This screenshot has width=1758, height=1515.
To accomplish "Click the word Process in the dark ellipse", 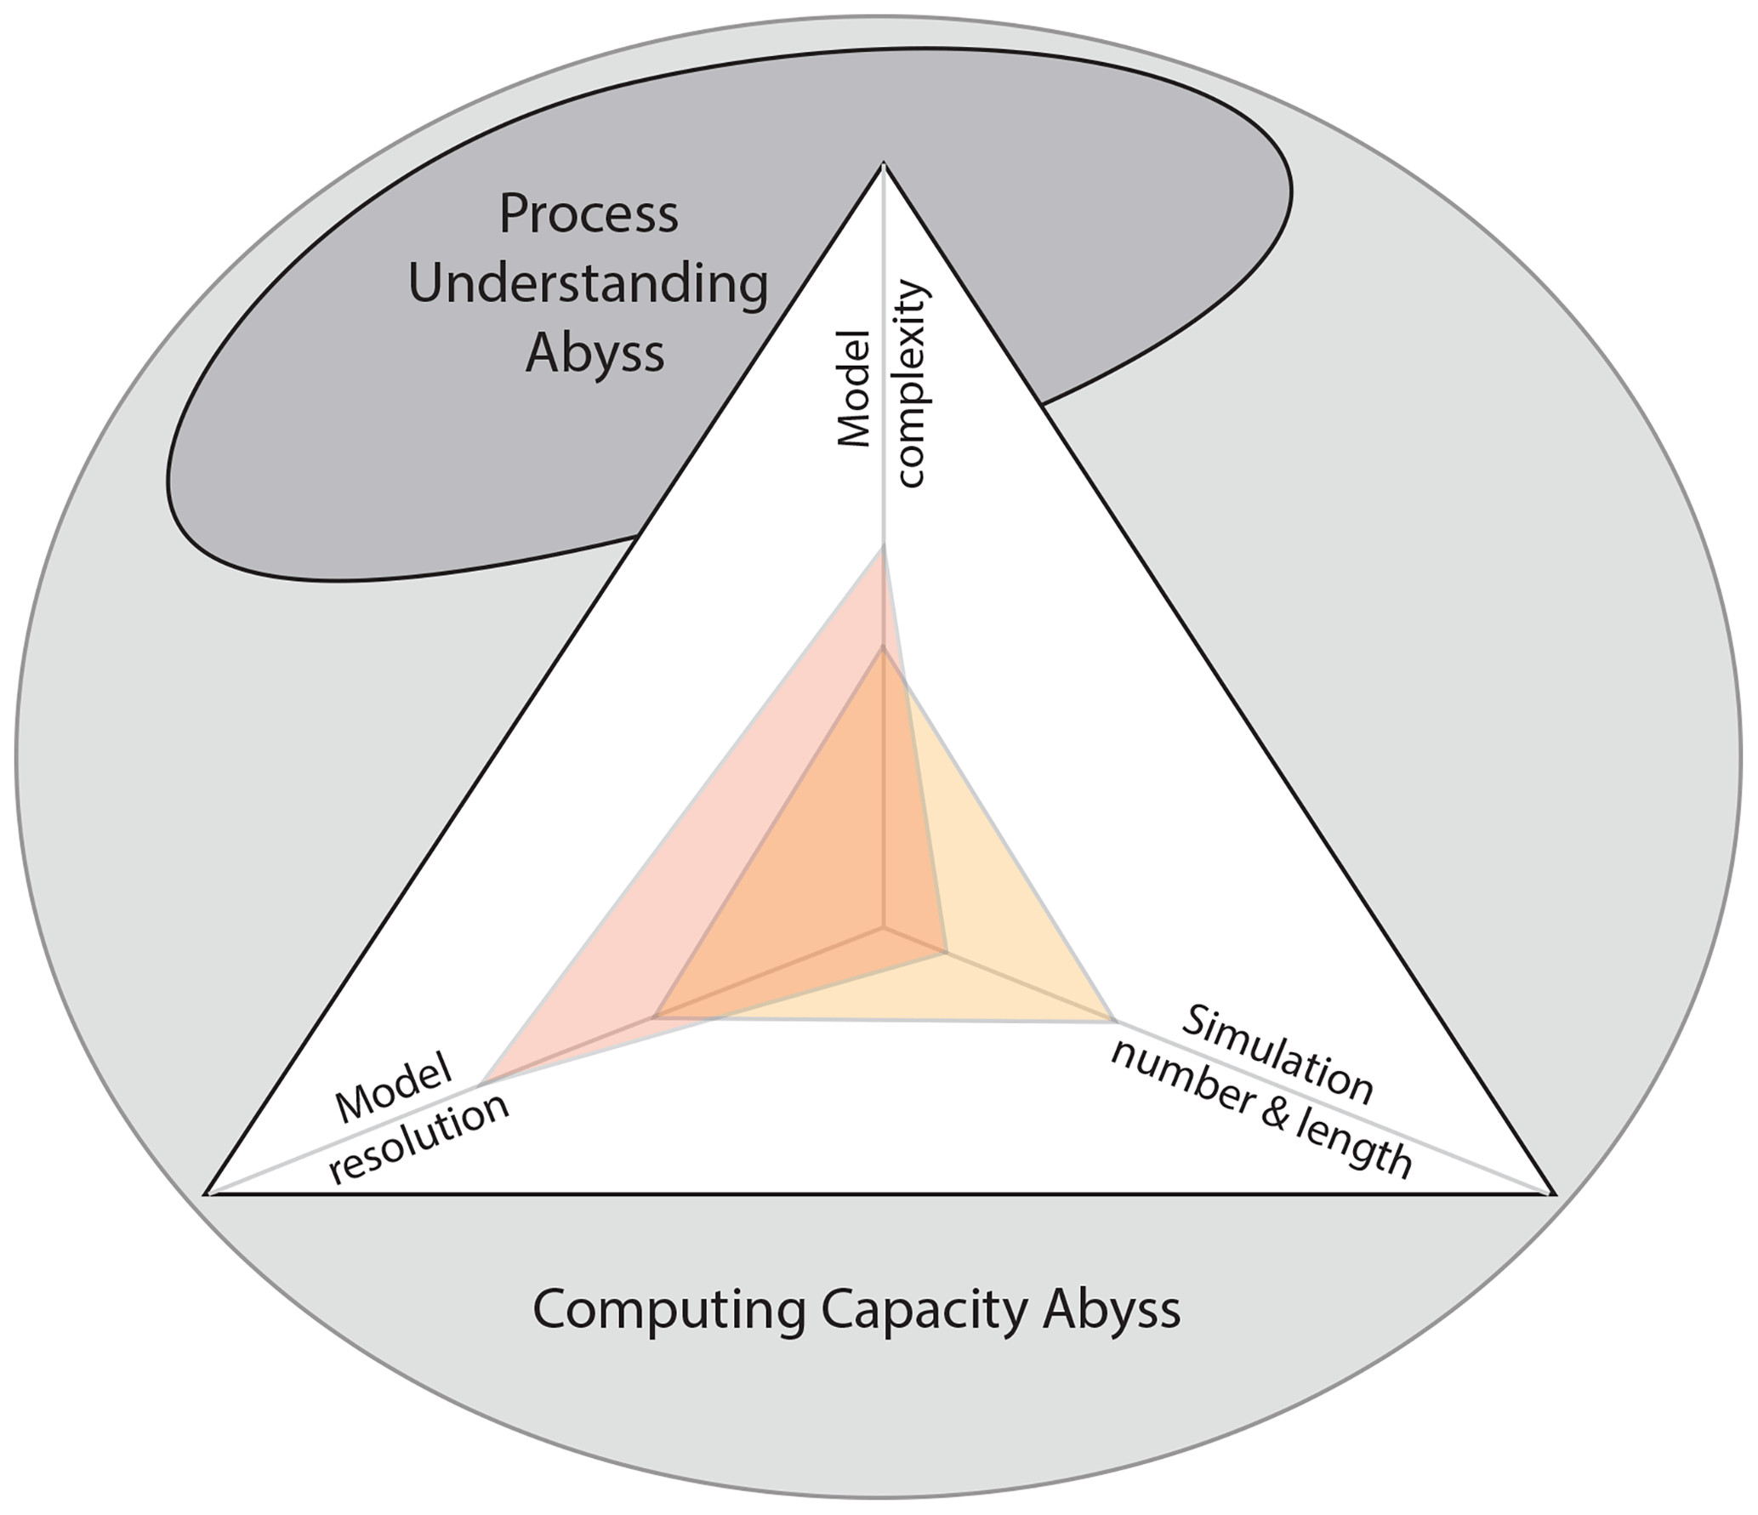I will coord(589,214).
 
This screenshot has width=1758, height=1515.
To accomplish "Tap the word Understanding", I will coord(589,284).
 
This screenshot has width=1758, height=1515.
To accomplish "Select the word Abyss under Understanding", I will coord(595,353).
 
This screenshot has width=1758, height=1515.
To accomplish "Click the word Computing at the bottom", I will coord(668,1309).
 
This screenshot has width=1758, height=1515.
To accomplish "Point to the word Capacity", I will coord(924,1309).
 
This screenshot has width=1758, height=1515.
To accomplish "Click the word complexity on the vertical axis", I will coord(911,384).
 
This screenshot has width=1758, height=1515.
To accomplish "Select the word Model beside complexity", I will coord(855,389).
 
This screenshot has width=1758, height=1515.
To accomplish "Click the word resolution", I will coord(420,1139).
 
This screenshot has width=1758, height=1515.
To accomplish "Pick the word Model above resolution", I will coord(393,1091).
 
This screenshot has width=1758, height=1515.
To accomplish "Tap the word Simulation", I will coord(1277,1055).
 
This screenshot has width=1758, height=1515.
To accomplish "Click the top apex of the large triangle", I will coord(885,165).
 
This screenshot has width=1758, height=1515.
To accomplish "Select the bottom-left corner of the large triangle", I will coord(208,1193).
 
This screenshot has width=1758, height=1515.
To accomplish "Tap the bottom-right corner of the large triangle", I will coord(1554,1193).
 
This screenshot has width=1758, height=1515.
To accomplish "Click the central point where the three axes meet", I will coord(885,927).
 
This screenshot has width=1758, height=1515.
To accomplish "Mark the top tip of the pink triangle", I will coord(884,550).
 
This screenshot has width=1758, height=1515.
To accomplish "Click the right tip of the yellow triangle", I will coord(1114,1017).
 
